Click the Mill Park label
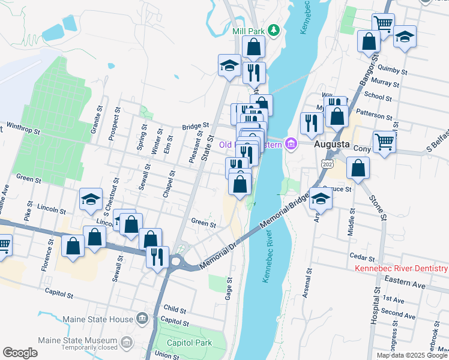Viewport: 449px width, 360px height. (248, 30)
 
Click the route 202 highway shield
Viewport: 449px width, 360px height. (327, 164)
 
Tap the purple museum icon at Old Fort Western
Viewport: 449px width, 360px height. (292, 144)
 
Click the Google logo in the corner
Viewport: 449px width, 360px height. (20, 353)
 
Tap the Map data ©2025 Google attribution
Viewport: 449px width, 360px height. (412, 355)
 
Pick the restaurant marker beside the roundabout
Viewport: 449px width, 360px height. (157, 257)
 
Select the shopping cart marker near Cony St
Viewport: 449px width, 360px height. (384, 142)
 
